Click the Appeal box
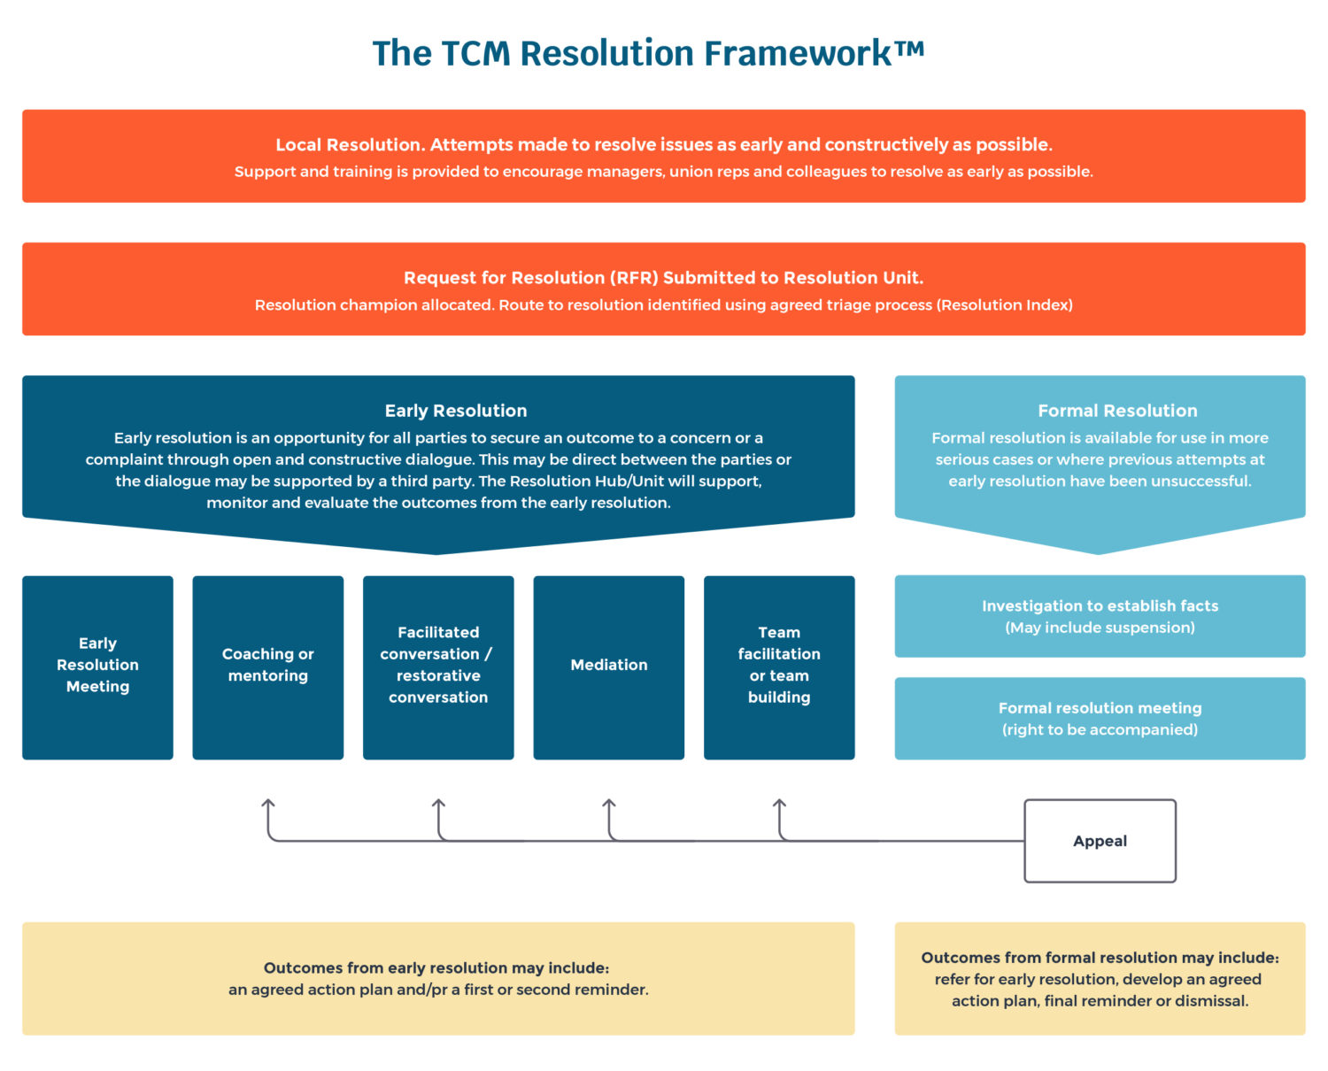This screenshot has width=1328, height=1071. point(1100,841)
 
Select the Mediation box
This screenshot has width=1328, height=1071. point(608,666)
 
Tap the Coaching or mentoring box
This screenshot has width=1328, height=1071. point(267,666)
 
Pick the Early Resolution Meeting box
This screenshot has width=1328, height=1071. point(97,666)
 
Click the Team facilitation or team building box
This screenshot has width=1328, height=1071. point(779,666)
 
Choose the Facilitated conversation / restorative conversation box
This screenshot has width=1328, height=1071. point(438,666)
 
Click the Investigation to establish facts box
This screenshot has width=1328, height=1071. point(1100,616)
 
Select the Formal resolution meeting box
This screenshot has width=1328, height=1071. point(1100,718)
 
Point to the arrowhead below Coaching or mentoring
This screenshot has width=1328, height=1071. point(268,804)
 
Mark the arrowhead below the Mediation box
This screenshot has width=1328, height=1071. point(609,804)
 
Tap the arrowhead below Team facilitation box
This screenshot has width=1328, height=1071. point(779,804)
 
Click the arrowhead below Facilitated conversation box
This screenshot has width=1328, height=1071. point(438,804)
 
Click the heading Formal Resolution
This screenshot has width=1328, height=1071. point(1117,411)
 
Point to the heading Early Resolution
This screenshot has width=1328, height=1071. point(455,411)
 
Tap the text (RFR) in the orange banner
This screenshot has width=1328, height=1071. point(634,278)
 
